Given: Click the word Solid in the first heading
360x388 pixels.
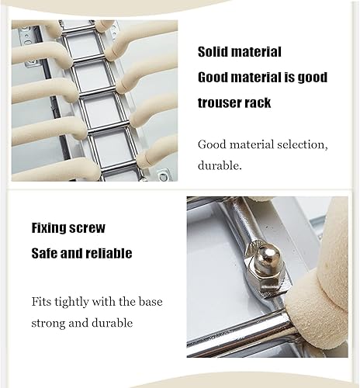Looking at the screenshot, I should [x=214, y=53].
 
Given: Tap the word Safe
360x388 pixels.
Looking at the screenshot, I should [x=46, y=254].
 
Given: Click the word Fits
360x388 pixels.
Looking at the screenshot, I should [x=43, y=301].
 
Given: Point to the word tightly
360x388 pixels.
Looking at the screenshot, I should [x=79, y=302].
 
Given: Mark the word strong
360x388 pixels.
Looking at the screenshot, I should [x=50, y=322].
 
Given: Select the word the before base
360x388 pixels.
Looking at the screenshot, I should [x=127, y=301].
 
